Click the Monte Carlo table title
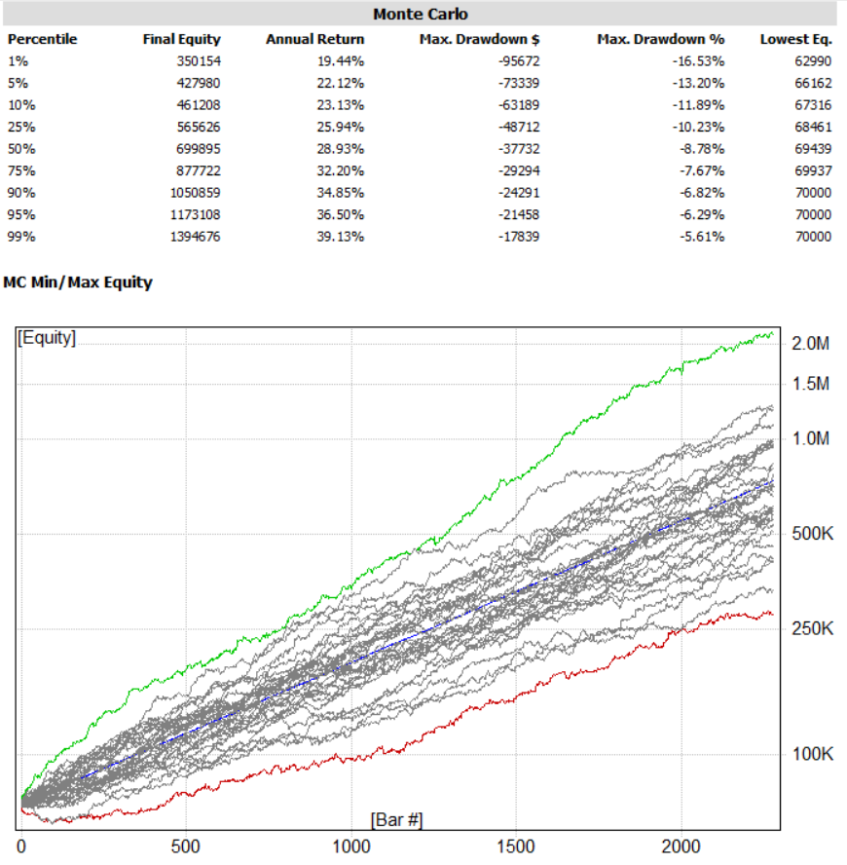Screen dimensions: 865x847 pos(420,15)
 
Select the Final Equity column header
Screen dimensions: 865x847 pos(181,40)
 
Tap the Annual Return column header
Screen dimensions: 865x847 pos(314,40)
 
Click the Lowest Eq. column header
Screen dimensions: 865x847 pos(795,40)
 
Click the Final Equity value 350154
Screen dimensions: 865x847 pos(198,59)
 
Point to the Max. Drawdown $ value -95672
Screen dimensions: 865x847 pos(515,59)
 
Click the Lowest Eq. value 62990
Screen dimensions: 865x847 pos(812,59)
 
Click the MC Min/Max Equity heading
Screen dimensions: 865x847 pos(78,282)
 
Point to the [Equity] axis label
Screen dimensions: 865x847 pos(47,338)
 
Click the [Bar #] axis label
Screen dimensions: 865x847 pos(396,819)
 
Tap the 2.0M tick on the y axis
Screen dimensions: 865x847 pos(810,344)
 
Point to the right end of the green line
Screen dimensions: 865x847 pos(773,333)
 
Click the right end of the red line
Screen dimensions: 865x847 pos(773,613)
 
